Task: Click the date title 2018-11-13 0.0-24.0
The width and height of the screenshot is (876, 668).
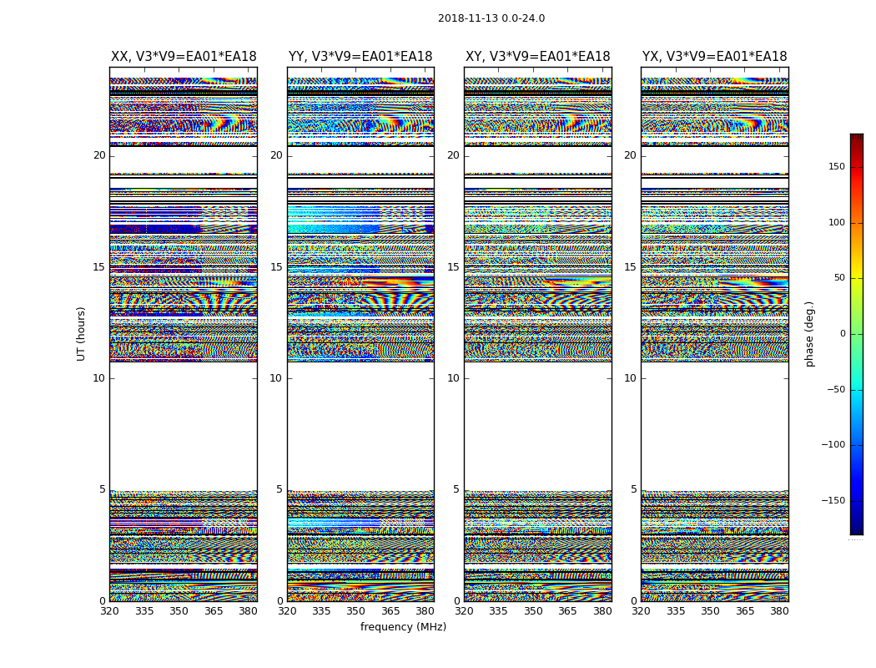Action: click(491, 18)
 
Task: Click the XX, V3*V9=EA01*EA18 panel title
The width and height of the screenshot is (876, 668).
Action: click(184, 57)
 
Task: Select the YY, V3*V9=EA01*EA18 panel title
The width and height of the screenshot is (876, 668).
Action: click(360, 57)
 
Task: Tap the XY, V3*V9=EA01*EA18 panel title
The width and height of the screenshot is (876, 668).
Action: click(537, 57)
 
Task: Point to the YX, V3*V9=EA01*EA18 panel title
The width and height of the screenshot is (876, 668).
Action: click(714, 57)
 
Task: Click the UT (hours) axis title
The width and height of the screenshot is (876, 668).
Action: click(81, 333)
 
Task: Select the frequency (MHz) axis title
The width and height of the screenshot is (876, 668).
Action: click(403, 627)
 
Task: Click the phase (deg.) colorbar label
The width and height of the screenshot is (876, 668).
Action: click(809, 333)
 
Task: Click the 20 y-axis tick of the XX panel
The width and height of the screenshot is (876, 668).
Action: click(99, 155)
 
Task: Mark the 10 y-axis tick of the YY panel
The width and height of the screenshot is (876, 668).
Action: click(276, 378)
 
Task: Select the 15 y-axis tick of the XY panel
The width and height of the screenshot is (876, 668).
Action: click(453, 267)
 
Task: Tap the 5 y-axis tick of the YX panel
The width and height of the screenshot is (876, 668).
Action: click(633, 489)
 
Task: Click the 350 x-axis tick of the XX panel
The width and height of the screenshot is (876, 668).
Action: click(179, 611)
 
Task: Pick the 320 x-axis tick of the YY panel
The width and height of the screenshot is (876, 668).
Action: click(287, 611)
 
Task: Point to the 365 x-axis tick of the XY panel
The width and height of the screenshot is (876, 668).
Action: click(567, 611)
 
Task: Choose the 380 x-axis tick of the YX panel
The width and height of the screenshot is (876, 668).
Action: click(779, 611)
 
